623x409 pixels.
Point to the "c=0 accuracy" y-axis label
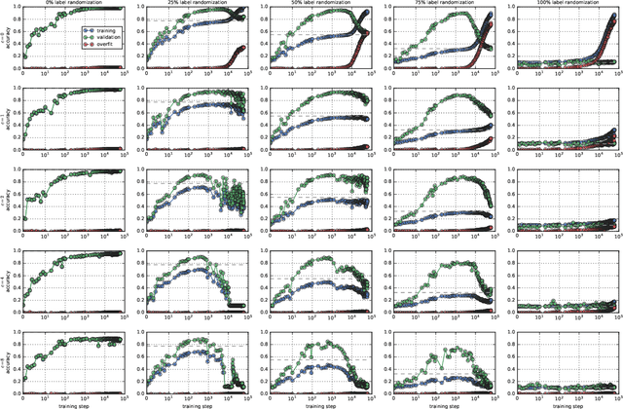pyautogui.click(x=5, y=40)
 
